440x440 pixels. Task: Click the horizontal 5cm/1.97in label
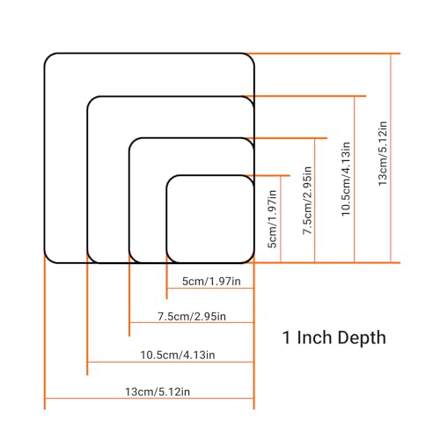click(211, 282)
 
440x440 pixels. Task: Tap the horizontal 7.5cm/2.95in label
click(192, 317)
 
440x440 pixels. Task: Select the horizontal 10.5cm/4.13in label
click(178, 356)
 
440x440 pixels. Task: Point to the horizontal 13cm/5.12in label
click(158, 392)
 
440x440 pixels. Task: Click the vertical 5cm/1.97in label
click(272, 219)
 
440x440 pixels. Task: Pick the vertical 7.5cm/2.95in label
click(307, 201)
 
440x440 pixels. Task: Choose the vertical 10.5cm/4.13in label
click(346, 180)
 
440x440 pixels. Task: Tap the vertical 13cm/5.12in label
click(383, 154)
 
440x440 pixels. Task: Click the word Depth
click(362, 338)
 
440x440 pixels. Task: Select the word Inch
click(315, 337)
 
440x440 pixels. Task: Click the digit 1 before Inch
click(286, 338)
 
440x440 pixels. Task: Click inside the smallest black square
click(210, 219)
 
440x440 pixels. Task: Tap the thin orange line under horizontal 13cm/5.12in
click(149, 399)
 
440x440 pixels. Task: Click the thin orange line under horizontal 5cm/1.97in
click(210, 289)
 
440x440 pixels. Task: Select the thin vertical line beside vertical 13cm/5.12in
click(391, 158)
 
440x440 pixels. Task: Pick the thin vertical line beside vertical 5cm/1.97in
click(281, 219)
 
